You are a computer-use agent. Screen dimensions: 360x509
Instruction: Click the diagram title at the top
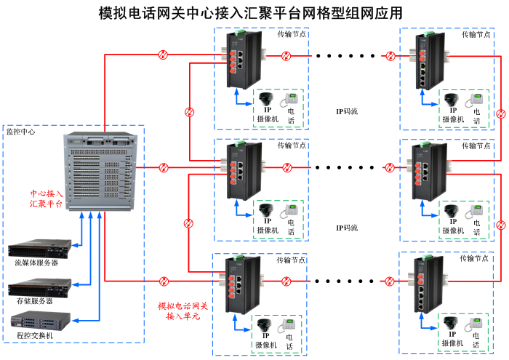point(250,12)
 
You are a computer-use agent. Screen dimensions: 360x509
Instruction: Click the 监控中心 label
point(20,132)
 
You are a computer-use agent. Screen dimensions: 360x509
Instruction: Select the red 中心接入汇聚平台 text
point(45,199)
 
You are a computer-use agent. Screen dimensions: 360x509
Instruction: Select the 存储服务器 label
point(34,300)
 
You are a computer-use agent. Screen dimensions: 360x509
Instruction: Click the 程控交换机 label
point(34,335)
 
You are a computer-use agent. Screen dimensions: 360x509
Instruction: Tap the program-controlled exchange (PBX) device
point(41,319)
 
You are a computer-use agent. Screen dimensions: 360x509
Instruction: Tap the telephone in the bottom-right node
point(477,326)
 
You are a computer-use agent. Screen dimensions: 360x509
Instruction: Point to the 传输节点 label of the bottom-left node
point(291,260)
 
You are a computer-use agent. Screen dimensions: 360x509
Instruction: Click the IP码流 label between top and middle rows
point(348,111)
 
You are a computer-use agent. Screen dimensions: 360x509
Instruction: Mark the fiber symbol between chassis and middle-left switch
point(164,168)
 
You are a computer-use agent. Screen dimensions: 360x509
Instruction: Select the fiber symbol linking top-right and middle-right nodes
point(500,114)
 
